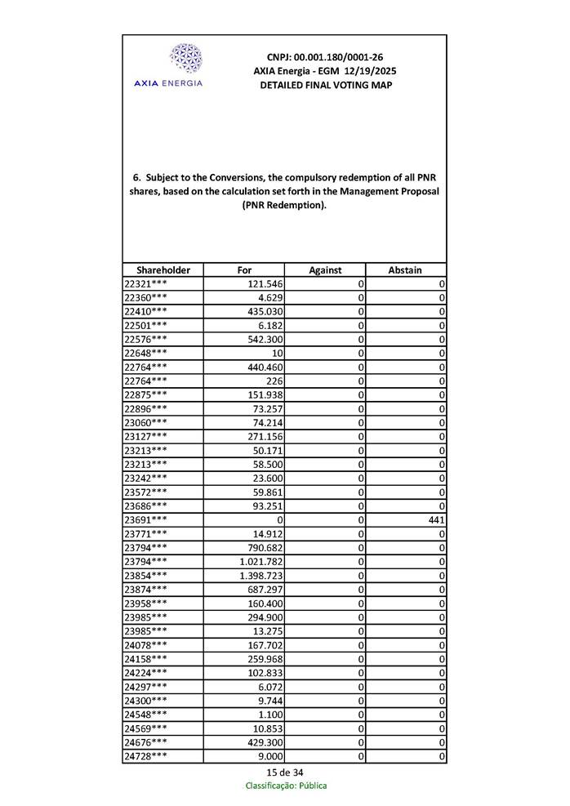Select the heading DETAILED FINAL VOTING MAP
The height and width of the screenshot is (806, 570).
[325, 85]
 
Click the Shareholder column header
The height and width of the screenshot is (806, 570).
[163, 270]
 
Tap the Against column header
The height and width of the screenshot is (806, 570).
[325, 270]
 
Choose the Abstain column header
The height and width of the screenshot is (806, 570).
[405, 270]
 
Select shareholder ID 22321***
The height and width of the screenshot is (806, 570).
[146, 283]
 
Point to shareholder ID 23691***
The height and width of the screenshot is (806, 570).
[146, 520]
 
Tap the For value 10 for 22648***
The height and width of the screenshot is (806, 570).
[278, 354]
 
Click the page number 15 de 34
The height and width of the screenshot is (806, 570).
[284, 773]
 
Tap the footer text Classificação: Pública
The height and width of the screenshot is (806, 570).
[286, 786]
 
